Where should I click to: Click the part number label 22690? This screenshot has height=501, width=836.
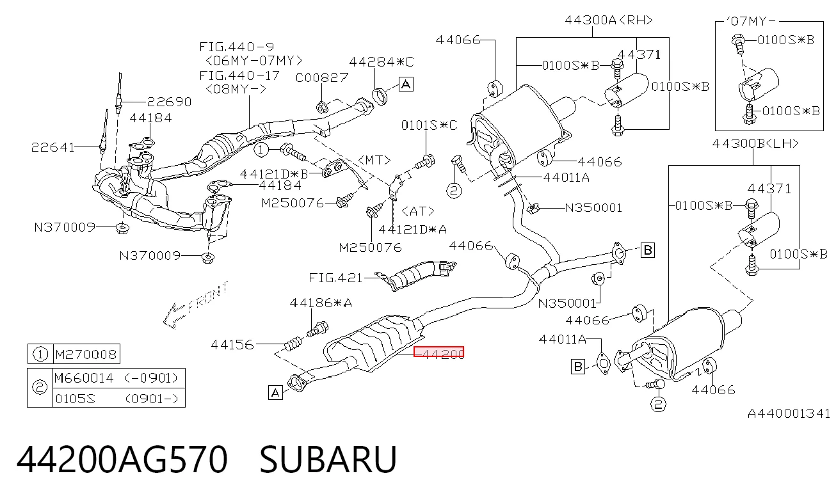169,102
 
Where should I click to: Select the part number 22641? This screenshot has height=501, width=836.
52,147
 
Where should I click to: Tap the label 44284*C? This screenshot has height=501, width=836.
382,61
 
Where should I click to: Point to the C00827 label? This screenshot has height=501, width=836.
322,77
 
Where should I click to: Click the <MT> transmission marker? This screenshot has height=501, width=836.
374,161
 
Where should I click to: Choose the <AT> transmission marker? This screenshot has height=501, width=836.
418,212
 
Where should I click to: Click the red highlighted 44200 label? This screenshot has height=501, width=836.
439,352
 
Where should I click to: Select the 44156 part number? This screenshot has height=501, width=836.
232,344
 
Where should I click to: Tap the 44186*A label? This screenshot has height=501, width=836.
321,303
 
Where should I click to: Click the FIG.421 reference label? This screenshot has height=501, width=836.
335,278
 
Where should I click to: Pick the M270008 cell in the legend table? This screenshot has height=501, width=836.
86,354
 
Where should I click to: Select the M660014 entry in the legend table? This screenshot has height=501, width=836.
84,378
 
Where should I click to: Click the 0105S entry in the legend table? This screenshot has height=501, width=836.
76,399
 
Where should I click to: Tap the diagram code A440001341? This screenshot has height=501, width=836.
789,413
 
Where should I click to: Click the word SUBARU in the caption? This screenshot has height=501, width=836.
328,459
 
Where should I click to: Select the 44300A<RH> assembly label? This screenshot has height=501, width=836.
609,20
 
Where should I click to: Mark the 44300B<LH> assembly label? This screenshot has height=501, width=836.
755,143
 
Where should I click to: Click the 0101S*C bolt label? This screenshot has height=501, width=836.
429,125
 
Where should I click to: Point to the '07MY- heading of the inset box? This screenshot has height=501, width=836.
750,21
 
